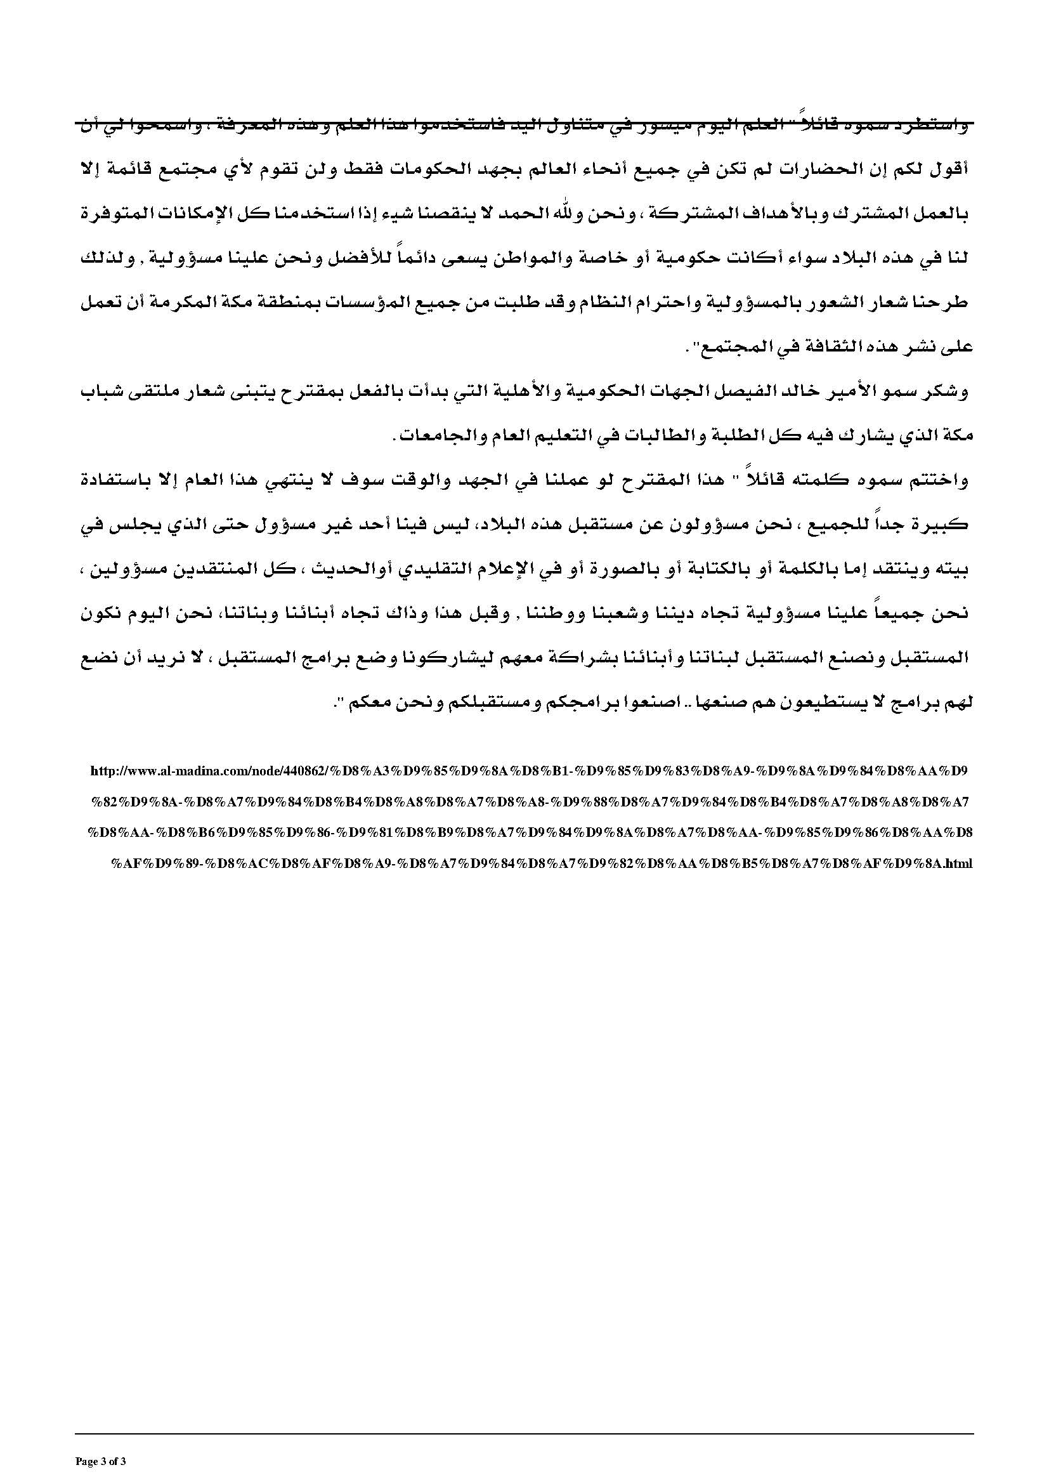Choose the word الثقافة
[x=819, y=347]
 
